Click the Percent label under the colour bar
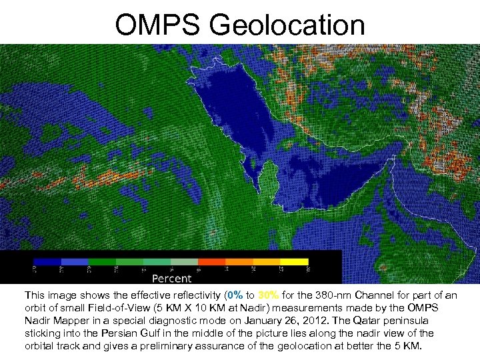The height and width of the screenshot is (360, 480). point(172,278)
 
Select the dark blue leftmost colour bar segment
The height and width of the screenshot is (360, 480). point(47,262)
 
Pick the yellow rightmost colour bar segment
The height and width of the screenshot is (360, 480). point(294,262)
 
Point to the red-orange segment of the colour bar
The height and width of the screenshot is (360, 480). point(211,262)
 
